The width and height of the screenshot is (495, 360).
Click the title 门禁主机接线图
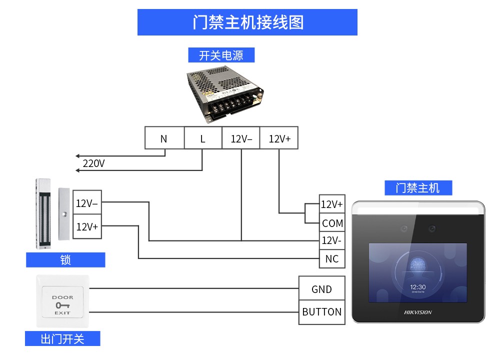(x=247, y=22)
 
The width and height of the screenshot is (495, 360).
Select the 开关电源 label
(x=221, y=55)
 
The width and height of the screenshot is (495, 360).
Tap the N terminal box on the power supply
(x=164, y=138)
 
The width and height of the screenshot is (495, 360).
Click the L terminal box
(x=202, y=138)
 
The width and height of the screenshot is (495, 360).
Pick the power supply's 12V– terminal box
(x=241, y=138)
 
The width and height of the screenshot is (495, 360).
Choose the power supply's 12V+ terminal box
(x=279, y=138)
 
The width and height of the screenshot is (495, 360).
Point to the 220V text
(x=93, y=163)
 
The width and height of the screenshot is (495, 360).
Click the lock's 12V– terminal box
(x=87, y=203)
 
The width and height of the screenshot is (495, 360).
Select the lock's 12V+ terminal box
(x=87, y=226)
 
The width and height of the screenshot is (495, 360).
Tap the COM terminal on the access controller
(x=332, y=223)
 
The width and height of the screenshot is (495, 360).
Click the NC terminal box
(x=332, y=258)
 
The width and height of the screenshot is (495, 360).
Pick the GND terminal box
(x=321, y=289)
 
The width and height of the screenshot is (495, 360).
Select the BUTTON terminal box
(x=321, y=312)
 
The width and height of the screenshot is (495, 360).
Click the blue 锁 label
(x=65, y=260)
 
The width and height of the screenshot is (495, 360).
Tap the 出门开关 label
(x=62, y=338)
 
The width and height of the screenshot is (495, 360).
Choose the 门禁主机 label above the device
(x=418, y=188)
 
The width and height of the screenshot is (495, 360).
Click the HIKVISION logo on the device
(x=417, y=312)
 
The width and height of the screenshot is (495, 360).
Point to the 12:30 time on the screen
(x=417, y=287)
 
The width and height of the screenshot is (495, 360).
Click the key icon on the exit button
(x=62, y=305)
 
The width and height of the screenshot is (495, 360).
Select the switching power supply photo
(x=225, y=95)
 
